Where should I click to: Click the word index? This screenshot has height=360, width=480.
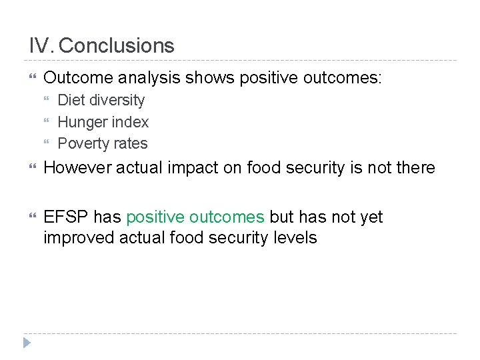pyautogui.click(x=130, y=122)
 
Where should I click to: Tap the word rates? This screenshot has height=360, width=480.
pyautogui.click(x=131, y=143)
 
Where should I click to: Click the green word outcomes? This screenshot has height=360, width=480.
pyautogui.click(x=227, y=217)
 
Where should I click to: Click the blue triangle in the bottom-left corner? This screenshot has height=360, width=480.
pyautogui.click(x=26, y=343)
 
